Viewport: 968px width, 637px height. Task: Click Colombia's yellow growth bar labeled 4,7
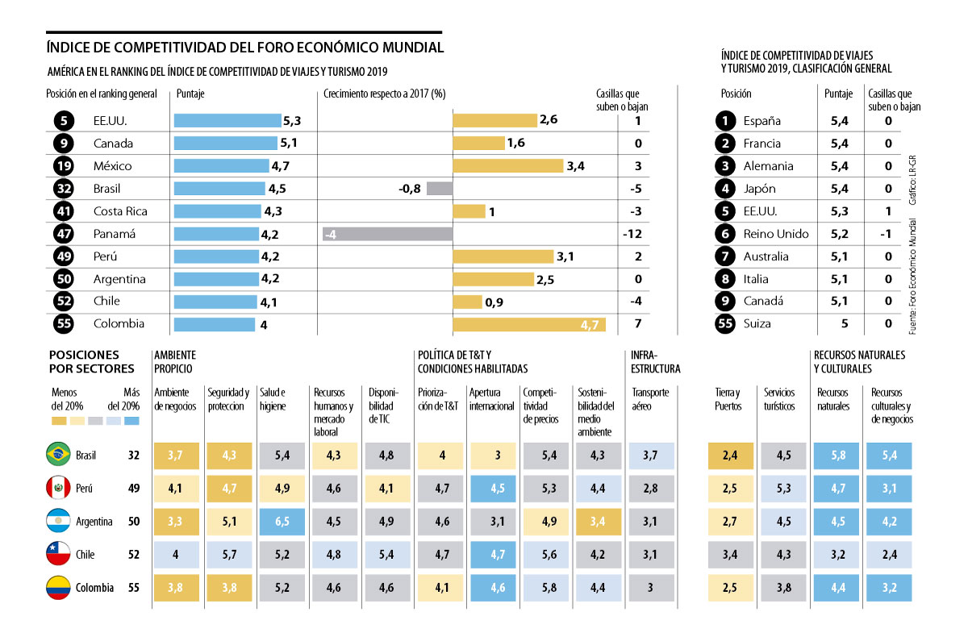click(529, 324)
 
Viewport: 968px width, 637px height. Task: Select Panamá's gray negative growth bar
click(386, 234)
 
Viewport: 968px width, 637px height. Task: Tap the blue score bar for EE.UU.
click(227, 121)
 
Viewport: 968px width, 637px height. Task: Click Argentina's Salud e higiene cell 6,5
click(282, 522)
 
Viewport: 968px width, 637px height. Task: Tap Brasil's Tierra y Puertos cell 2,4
click(730, 456)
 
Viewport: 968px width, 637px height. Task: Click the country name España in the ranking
click(762, 121)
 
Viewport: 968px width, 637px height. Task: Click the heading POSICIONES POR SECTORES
click(92, 362)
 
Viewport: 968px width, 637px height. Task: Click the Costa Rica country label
click(119, 211)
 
